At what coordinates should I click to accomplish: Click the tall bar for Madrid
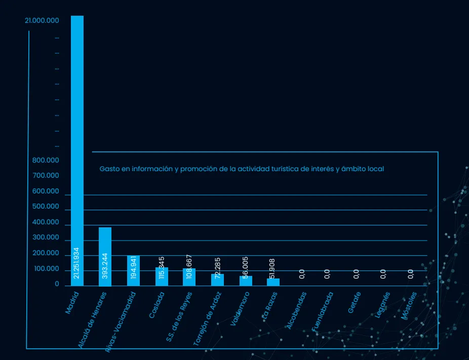coord(77,127)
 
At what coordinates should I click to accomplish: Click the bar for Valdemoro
coord(246,282)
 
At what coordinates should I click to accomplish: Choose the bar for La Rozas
coord(273,283)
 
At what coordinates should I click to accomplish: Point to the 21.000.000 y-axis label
coord(42,21)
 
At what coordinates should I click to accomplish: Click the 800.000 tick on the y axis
coord(46,161)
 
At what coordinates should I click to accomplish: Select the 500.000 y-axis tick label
coord(46,207)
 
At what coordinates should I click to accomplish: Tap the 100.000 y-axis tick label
coord(46,269)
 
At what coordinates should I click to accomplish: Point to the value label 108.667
coord(189,267)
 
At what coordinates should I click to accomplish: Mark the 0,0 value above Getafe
coord(357,274)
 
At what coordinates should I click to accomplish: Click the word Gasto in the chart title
coord(109,169)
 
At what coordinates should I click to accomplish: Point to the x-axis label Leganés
coord(382,304)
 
